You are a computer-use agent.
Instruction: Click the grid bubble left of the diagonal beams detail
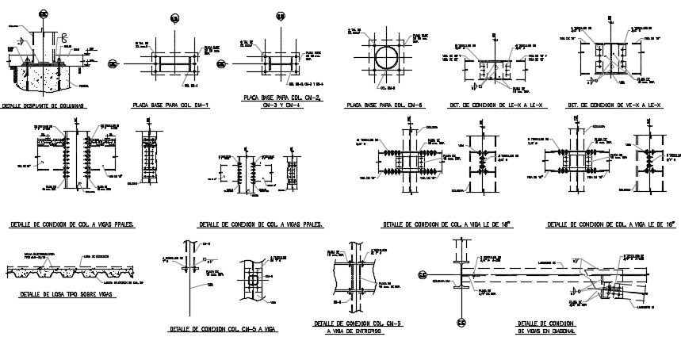[422, 274]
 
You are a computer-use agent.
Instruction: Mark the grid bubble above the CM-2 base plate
[280, 16]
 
